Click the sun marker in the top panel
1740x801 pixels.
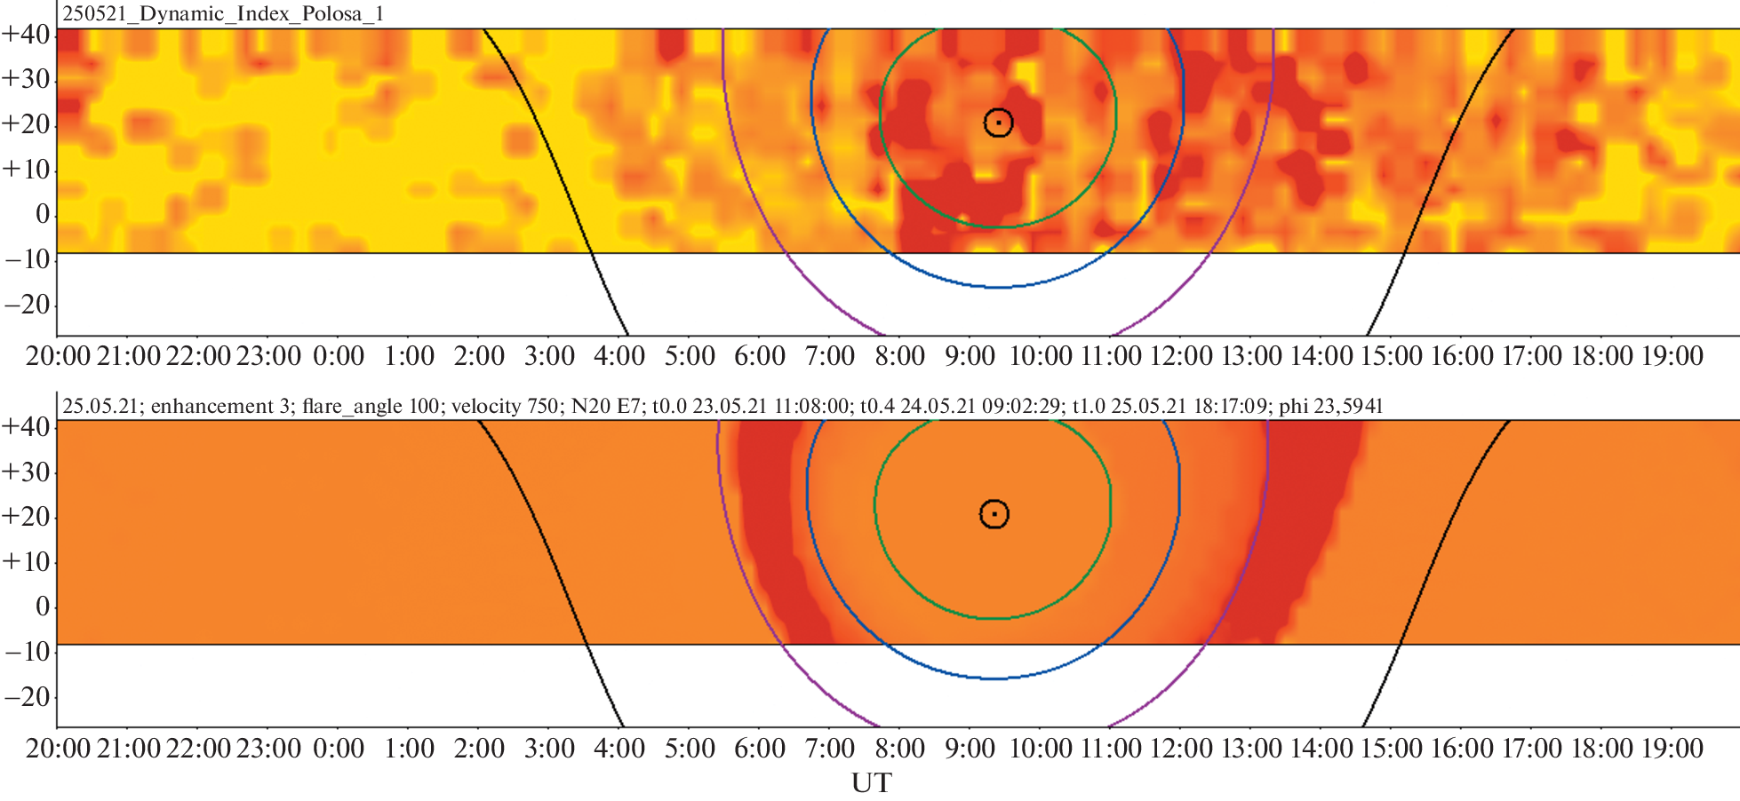(x=998, y=123)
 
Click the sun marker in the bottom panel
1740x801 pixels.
(x=994, y=514)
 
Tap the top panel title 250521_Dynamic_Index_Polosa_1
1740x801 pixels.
(x=222, y=14)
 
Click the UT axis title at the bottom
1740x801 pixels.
(x=871, y=783)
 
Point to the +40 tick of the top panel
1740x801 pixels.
(x=27, y=35)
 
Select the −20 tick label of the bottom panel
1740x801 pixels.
(x=27, y=696)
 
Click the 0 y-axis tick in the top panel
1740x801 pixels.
(x=42, y=214)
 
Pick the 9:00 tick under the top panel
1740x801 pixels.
(x=970, y=356)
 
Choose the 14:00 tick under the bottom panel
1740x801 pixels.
(x=1321, y=749)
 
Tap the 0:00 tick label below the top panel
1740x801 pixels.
(x=339, y=356)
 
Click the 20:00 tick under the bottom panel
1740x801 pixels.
(x=59, y=749)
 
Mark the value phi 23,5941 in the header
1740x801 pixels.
(x=1330, y=407)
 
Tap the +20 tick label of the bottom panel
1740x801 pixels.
(x=27, y=516)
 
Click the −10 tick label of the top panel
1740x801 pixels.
(x=27, y=259)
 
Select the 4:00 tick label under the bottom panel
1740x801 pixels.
(x=619, y=749)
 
